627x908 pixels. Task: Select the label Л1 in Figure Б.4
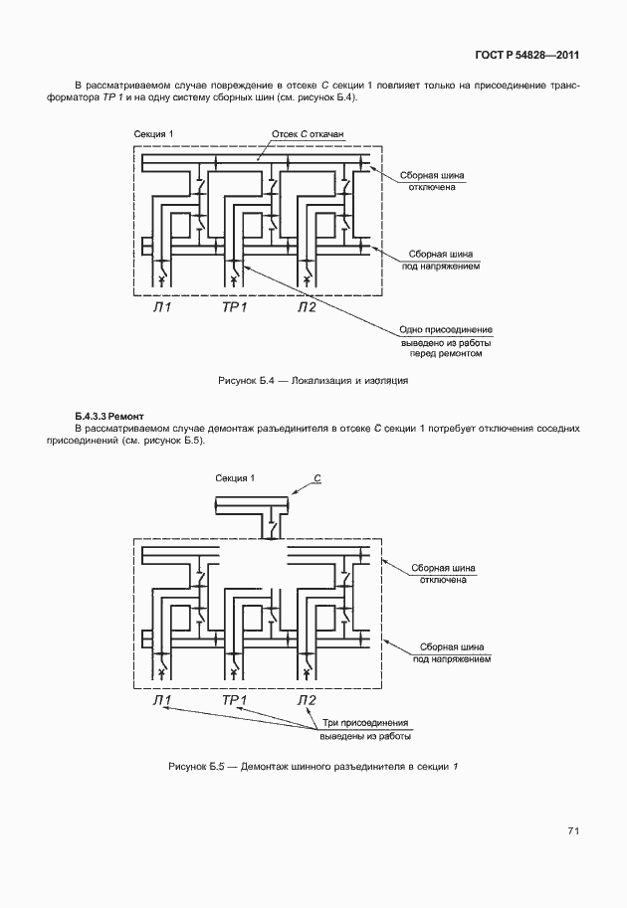(162, 306)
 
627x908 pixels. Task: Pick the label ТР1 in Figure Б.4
(234, 306)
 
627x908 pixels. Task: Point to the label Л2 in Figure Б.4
(307, 306)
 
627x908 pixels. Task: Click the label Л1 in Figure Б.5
(162, 700)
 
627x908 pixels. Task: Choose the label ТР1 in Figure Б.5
(234, 700)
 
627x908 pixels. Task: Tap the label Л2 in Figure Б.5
(307, 700)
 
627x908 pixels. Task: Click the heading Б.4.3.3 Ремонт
(109, 414)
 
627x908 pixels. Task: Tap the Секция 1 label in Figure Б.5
(235, 478)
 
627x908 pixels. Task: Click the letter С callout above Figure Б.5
(317, 478)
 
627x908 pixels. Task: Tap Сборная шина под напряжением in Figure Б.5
(453, 651)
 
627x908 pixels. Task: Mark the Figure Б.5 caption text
(313, 766)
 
